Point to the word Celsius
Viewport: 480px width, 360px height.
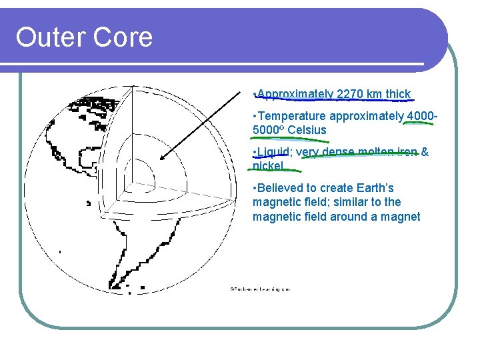307,130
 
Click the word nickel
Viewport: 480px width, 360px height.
268,165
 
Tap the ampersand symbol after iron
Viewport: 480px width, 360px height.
424,152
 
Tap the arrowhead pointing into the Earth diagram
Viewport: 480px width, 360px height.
162,157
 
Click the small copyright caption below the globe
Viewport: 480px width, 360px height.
260,289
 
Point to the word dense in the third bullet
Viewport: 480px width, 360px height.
338,152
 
